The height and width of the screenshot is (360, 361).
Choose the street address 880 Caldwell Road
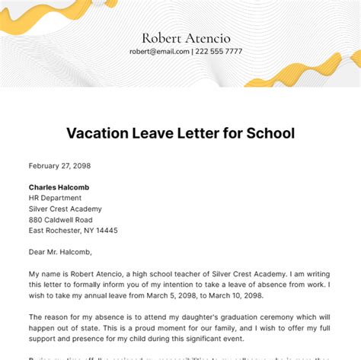click(x=65, y=219)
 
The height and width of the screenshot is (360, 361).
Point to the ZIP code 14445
click(x=107, y=230)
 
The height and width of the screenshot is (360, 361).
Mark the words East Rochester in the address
click(x=57, y=230)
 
